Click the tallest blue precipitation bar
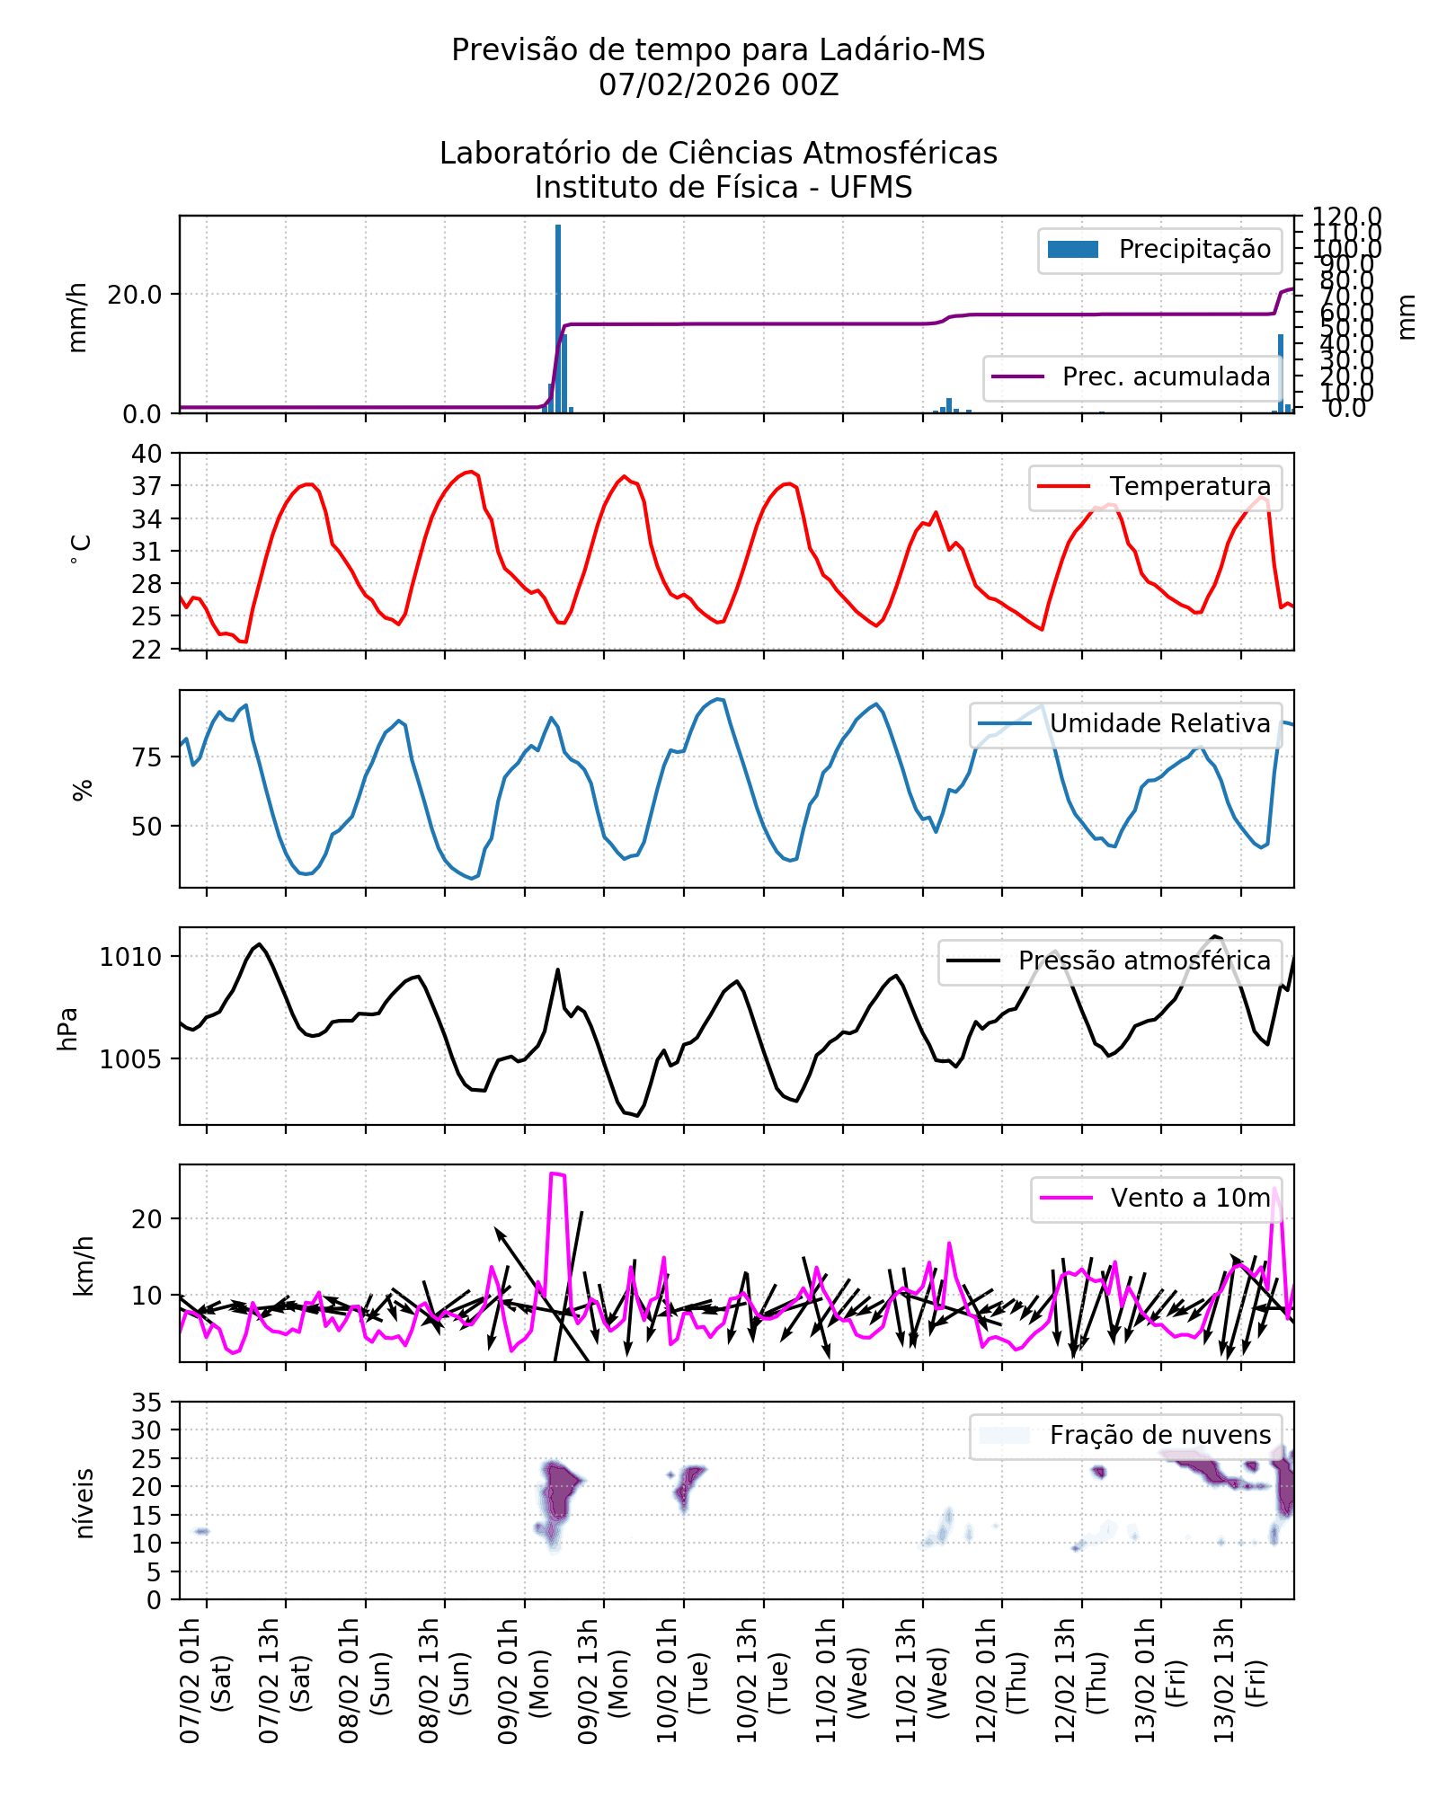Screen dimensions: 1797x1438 (x=558, y=319)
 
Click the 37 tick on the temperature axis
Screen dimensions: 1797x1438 (x=147, y=486)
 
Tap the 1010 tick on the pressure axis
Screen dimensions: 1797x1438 (x=131, y=957)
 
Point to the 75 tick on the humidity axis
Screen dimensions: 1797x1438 (x=147, y=757)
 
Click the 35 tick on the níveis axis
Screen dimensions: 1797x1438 (x=147, y=1403)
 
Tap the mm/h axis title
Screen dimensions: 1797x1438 (x=78, y=316)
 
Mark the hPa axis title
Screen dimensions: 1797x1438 (x=68, y=1029)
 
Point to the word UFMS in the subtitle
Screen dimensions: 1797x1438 (x=871, y=188)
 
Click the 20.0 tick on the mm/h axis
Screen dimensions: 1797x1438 (x=135, y=295)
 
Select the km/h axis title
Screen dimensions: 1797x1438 (x=84, y=1266)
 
